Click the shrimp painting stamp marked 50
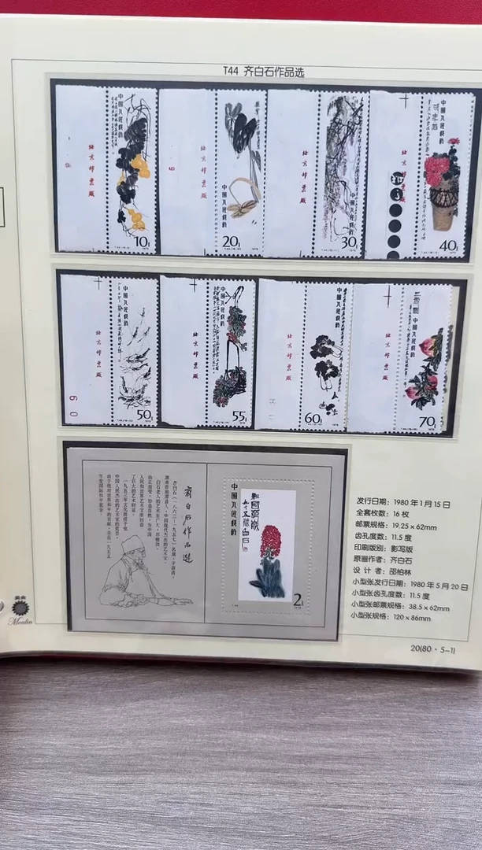134,351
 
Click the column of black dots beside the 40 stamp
395,208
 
